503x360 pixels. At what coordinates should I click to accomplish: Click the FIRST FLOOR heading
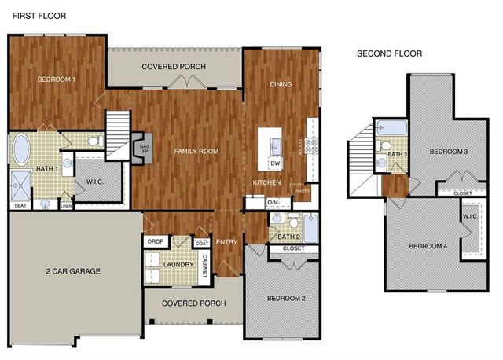(x=39, y=16)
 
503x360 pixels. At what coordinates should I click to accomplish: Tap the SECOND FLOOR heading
(x=389, y=53)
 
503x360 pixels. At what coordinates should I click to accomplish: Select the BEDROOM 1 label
(x=57, y=79)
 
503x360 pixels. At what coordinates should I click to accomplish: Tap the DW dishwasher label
(x=275, y=163)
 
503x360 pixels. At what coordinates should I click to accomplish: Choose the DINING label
(x=281, y=84)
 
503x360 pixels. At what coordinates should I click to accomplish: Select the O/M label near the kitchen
(x=274, y=203)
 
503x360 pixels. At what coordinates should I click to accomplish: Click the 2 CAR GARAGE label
(x=72, y=271)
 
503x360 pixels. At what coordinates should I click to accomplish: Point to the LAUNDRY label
(x=178, y=264)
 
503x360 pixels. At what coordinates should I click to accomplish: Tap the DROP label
(x=155, y=241)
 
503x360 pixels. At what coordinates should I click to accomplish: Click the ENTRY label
(x=226, y=241)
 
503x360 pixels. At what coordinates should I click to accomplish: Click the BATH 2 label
(x=288, y=237)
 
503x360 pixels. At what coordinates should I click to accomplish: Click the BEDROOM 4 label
(x=428, y=247)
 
